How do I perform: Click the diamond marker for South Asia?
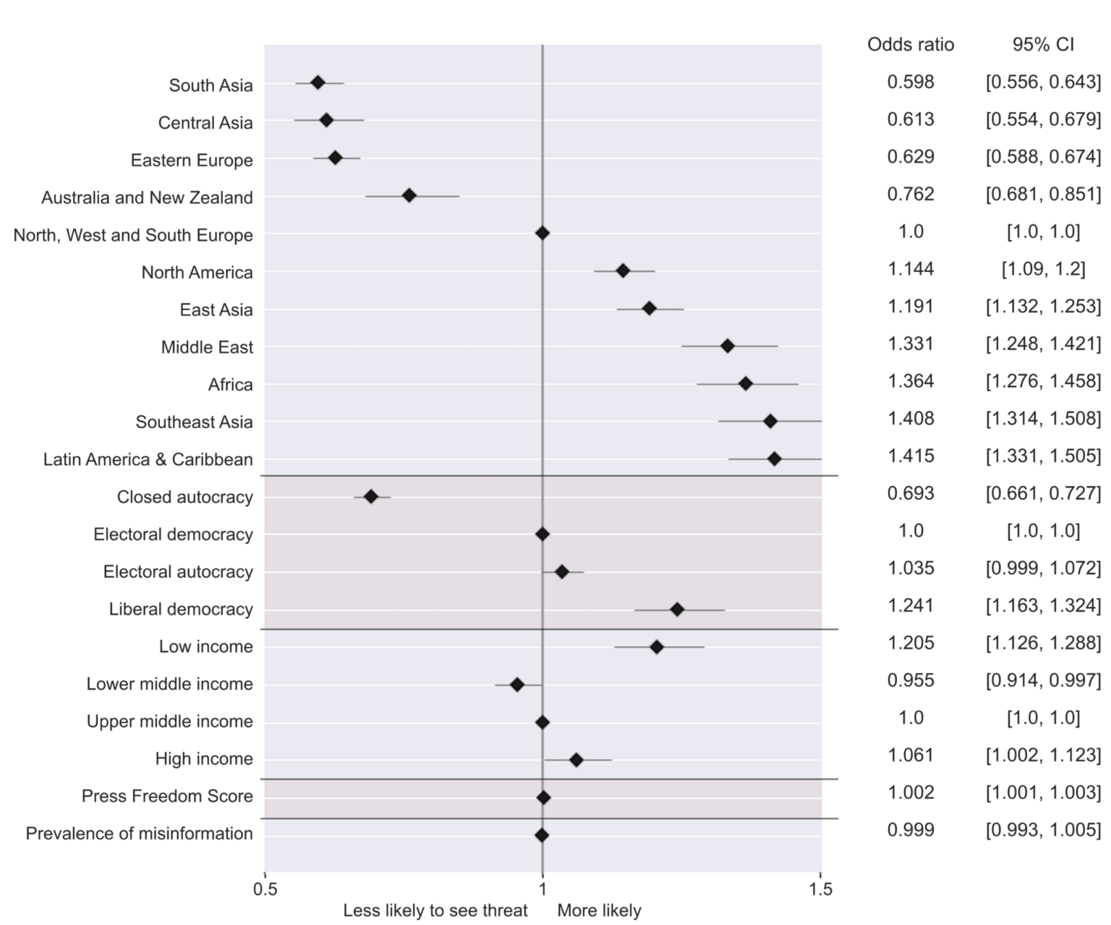tap(318, 82)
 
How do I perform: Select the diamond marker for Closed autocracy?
tap(371, 496)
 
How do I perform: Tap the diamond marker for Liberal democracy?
tap(677, 609)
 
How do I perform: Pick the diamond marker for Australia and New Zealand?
tap(409, 195)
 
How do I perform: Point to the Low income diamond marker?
tap(657, 647)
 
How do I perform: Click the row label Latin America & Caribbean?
tap(148, 459)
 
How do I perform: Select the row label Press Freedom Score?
tap(167, 796)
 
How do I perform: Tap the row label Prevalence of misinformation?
tap(140, 834)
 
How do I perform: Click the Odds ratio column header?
tap(911, 45)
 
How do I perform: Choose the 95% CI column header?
tap(1043, 45)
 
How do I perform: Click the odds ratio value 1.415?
tap(911, 456)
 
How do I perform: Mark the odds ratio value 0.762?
tap(911, 194)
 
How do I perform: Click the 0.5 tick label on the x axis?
tap(265, 888)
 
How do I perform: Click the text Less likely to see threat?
tap(435, 911)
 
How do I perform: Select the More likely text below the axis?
tap(599, 911)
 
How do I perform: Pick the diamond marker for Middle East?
tap(728, 346)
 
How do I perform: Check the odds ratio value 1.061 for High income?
tap(911, 755)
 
